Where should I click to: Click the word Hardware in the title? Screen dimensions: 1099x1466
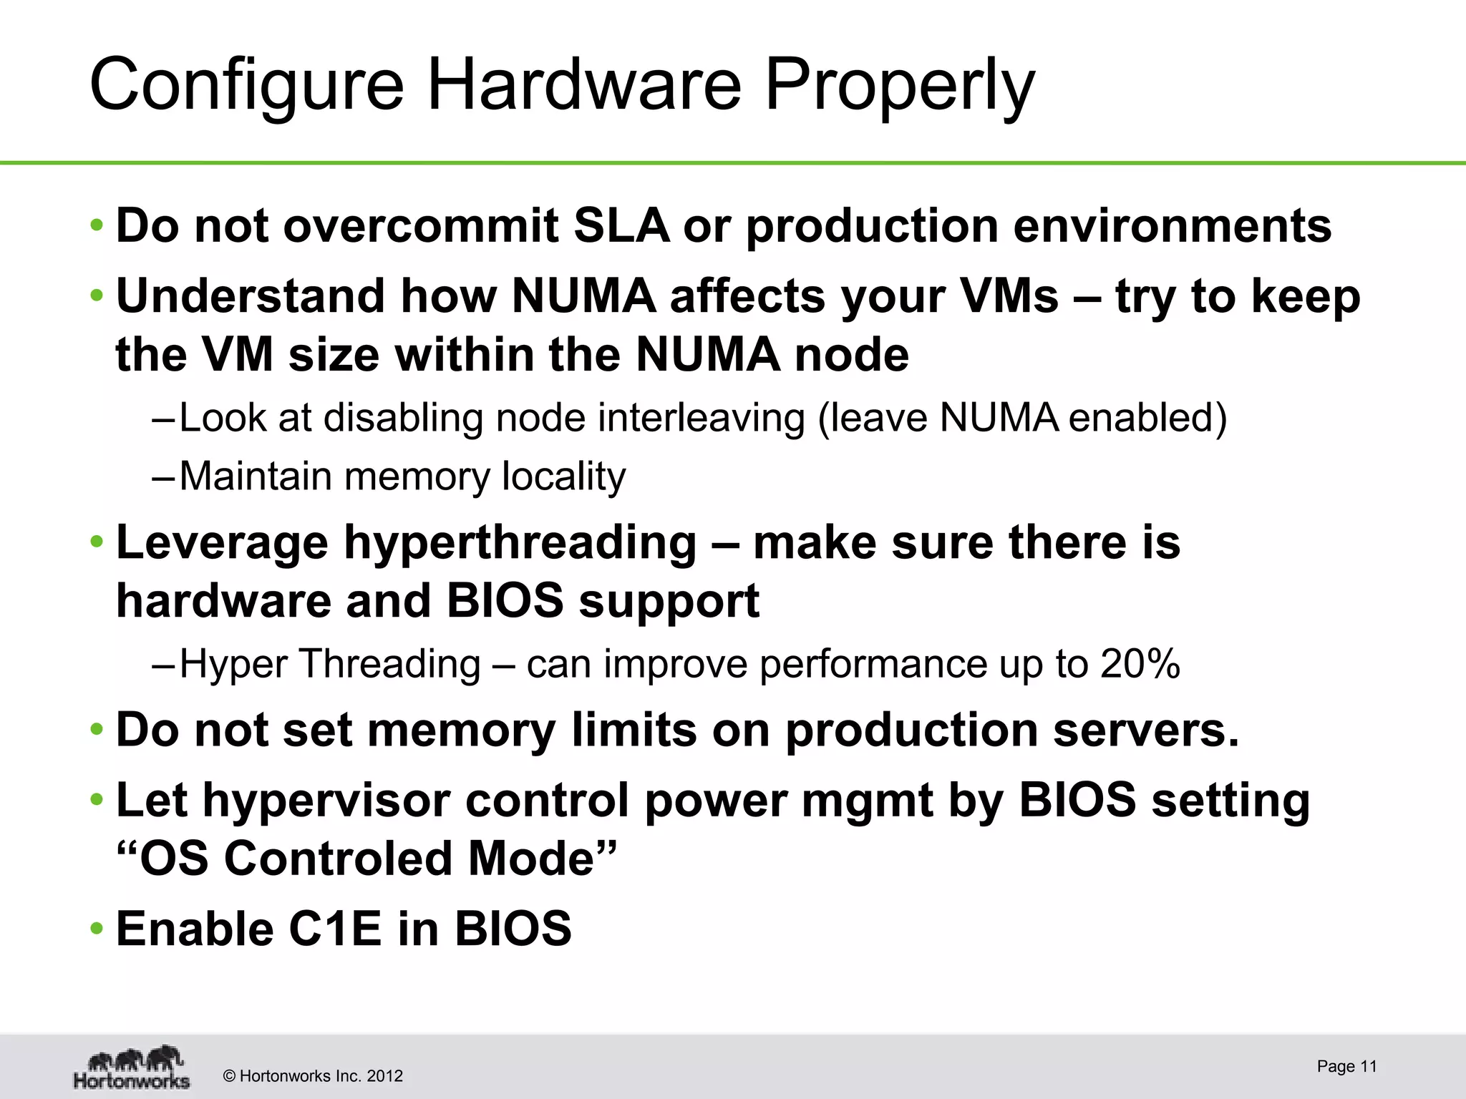pos(584,85)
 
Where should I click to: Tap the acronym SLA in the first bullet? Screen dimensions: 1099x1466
pos(621,226)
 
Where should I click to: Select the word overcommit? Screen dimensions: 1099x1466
pos(421,226)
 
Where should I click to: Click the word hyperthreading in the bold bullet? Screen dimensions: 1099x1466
pos(520,542)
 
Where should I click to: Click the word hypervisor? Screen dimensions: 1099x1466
pos(326,801)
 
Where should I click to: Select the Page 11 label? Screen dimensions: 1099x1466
pos(1346,1066)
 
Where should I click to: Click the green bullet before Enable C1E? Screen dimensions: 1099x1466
pos(97,929)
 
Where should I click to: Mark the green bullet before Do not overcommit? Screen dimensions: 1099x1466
pos(97,226)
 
